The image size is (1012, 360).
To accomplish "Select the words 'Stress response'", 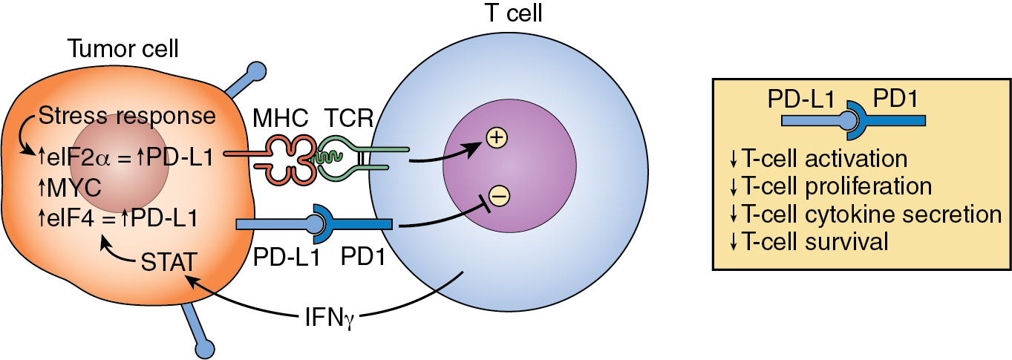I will pos(127,117).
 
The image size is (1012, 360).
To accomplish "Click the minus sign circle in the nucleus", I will pos(499,195).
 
